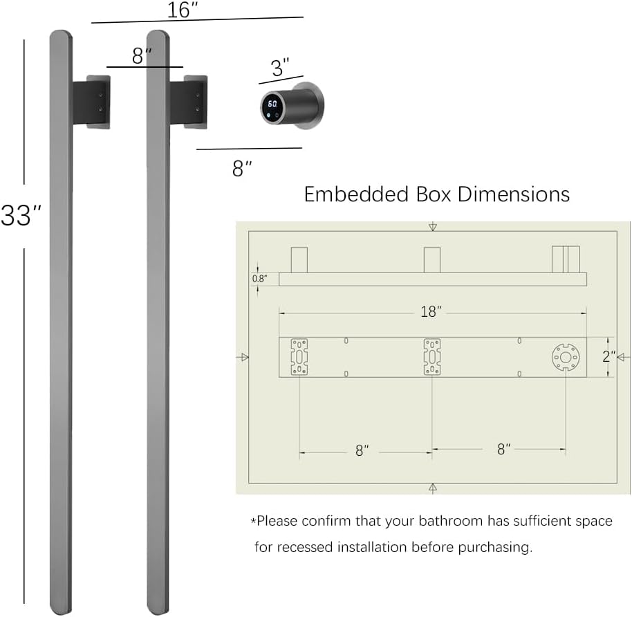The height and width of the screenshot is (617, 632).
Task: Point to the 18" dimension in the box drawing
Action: tap(430, 312)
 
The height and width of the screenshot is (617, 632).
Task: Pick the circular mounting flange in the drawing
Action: tap(565, 357)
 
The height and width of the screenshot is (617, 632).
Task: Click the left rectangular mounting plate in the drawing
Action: tap(299, 357)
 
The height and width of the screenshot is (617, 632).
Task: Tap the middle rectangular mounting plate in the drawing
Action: tap(432, 357)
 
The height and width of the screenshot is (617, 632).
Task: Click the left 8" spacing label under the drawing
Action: tap(362, 450)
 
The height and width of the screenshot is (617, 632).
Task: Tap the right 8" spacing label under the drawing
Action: tap(504, 449)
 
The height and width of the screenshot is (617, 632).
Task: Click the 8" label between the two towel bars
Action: tap(141, 56)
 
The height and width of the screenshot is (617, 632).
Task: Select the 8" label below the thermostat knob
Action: tap(242, 168)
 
